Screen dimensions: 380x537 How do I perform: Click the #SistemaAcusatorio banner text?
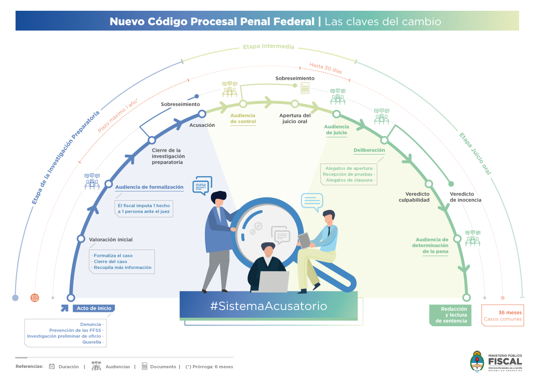pos(268,306)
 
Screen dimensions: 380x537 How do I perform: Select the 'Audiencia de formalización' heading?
pos(149,187)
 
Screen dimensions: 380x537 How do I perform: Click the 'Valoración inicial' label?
pos(111,239)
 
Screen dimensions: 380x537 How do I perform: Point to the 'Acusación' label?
pos(202,125)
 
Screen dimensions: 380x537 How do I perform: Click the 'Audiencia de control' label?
pos(243,119)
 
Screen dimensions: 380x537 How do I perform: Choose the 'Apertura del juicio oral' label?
pos(295,118)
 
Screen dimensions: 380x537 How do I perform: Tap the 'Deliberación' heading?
pos(369,151)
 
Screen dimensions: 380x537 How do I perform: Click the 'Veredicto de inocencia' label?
pos(465,197)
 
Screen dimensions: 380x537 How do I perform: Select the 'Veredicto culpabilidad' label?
pos(414,197)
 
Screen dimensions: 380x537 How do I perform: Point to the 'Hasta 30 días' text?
pos(325,69)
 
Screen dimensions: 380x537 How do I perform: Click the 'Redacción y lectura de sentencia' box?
pos(450,315)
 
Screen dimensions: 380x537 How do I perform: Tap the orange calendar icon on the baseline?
pos(35,298)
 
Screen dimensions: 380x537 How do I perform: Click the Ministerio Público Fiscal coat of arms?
pos(477,361)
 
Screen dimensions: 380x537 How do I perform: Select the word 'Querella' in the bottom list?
pos(92,342)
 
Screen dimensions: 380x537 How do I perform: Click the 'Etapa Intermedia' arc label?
pos(268,47)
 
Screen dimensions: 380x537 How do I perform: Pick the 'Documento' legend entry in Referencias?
pos(163,367)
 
